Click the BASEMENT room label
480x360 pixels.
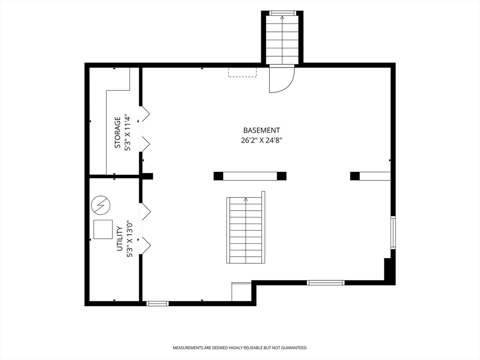(262, 130)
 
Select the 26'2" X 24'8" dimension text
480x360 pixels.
(262, 141)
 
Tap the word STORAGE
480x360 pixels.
(117, 133)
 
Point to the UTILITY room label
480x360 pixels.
(120, 239)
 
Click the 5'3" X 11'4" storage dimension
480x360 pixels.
(127, 133)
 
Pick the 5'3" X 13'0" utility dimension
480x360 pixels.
(129, 239)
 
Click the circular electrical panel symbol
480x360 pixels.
(100, 205)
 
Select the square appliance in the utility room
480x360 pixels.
(103, 229)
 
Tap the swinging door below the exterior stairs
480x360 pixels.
(282, 79)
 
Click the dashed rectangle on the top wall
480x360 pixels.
(242, 72)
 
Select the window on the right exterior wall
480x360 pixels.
(393, 232)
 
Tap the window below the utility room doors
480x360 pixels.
(157, 303)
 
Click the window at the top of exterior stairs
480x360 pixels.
(282, 13)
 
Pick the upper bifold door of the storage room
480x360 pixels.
(145, 114)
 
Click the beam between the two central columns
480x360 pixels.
(250, 176)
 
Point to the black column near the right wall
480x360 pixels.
(355, 176)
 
